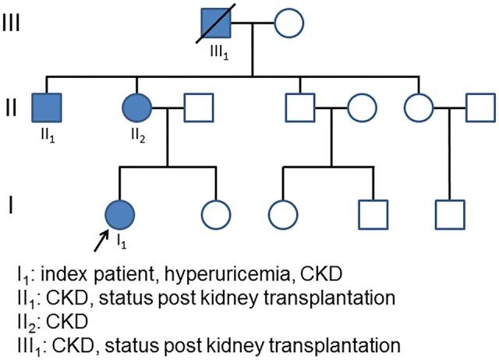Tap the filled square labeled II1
coord(47,108)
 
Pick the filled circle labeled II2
coord(137,108)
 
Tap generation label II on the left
coord(11,107)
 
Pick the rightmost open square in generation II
coord(477,108)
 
